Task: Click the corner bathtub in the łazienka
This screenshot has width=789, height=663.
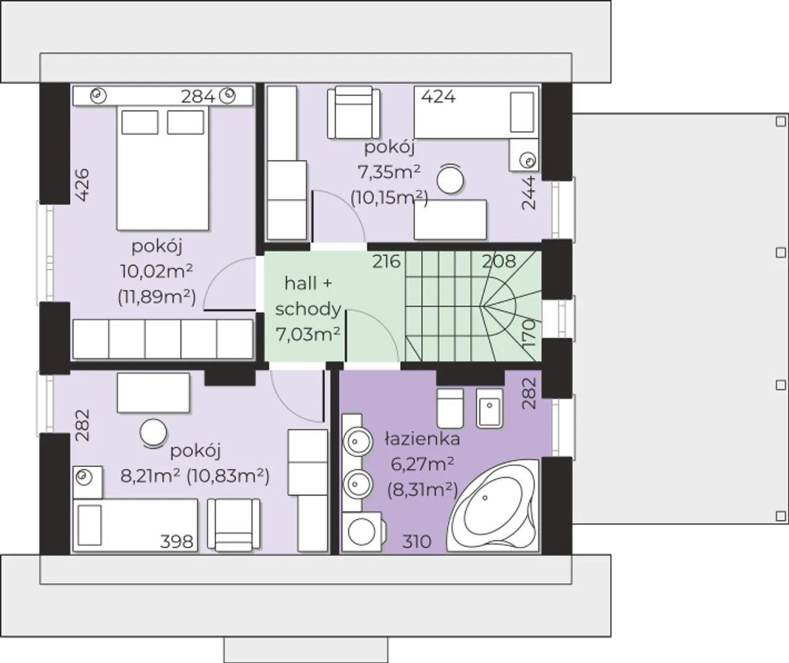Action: pos(493,506)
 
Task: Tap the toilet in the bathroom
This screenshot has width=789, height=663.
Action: pos(450,408)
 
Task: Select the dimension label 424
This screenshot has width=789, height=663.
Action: pos(438,97)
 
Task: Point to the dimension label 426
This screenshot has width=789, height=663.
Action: pos(83,185)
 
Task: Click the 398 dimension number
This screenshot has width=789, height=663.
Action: pos(176,542)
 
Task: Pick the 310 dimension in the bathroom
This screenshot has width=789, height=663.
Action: pos(417,542)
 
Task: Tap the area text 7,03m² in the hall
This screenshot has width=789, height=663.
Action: pos(308,334)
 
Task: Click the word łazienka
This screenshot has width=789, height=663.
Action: pos(422,439)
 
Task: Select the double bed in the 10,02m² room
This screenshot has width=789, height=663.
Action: pos(163,168)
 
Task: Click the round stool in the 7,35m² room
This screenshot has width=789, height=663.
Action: pos(450,180)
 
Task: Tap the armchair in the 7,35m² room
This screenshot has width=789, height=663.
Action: pos(354,113)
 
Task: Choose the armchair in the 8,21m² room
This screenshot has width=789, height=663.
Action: pos(234,524)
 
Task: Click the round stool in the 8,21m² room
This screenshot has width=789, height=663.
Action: pos(153,434)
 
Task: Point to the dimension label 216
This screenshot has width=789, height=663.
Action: pos(386,261)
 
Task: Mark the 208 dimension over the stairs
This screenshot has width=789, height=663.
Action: pos(499,261)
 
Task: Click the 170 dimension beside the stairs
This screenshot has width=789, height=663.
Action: pos(529,333)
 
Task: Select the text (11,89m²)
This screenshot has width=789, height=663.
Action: pos(157,297)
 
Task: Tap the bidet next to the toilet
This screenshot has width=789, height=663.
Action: pos(489,408)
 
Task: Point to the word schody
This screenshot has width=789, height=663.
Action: pos(308,309)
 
